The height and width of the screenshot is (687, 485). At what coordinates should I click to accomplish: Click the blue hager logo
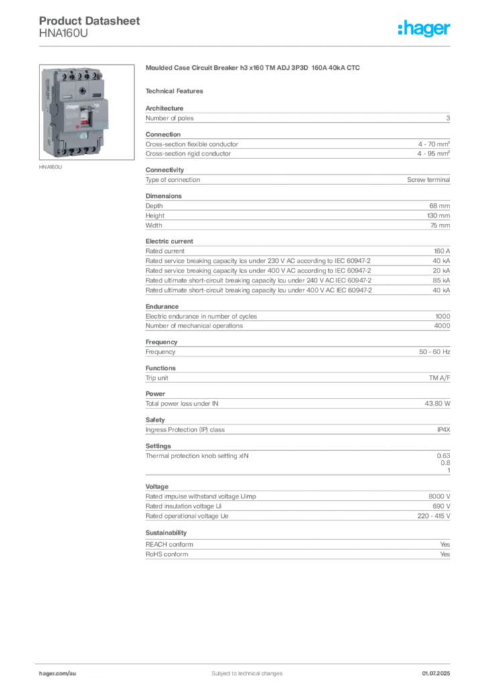click(425, 30)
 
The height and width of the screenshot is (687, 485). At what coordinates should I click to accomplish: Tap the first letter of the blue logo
click(400, 30)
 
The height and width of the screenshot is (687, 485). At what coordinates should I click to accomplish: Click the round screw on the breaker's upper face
click(82, 90)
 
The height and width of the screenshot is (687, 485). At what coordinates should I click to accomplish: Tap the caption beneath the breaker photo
click(51, 168)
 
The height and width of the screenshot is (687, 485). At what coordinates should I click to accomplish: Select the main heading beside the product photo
click(255, 68)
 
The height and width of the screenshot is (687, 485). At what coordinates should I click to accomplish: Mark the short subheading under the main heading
click(177, 91)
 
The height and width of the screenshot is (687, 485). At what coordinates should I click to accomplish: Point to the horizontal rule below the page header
click(247, 45)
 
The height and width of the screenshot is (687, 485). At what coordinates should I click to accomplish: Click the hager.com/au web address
click(60, 672)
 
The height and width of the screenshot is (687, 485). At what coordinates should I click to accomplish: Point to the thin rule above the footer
click(247, 662)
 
